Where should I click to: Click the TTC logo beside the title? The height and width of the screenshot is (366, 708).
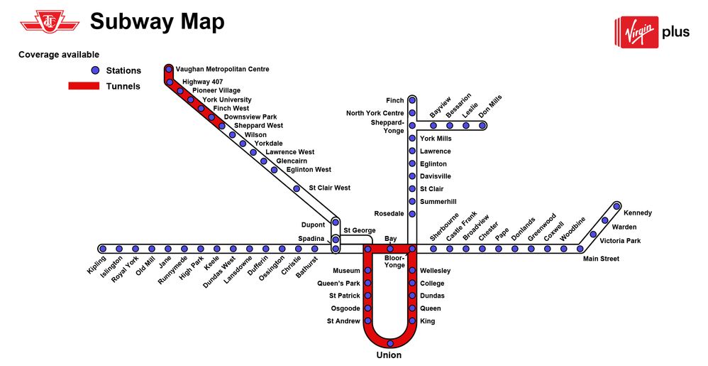click(x=50, y=21)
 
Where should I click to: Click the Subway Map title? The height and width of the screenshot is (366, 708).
click(x=157, y=21)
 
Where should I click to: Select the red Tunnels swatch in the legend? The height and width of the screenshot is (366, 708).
click(x=84, y=86)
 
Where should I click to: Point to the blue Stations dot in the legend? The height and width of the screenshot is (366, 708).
click(x=95, y=70)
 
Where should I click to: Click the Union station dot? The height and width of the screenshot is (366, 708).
click(x=390, y=343)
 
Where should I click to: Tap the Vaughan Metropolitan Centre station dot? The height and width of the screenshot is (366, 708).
click(x=169, y=69)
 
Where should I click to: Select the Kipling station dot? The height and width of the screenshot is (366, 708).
click(x=103, y=248)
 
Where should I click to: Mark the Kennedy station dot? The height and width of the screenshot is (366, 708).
click(x=616, y=206)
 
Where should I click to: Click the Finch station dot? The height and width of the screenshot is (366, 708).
click(x=412, y=100)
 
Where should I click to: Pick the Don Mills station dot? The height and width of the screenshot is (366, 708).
click(x=482, y=125)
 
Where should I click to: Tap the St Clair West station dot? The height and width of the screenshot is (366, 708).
click(x=297, y=188)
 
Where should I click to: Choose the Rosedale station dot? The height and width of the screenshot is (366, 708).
click(x=412, y=213)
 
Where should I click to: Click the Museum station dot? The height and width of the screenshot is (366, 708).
click(x=368, y=271)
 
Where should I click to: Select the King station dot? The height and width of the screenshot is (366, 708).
click(x=412, y=321)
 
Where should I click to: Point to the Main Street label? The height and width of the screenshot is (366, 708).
click(x=601, y=259)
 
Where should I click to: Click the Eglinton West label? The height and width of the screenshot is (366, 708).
click(x=309, y=170)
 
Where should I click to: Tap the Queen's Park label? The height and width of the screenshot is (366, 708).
click(x=338, y=284)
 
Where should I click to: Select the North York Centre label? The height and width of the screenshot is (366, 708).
click(x=375, y=113)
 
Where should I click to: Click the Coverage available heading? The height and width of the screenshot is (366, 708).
click(x=59, y=55)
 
